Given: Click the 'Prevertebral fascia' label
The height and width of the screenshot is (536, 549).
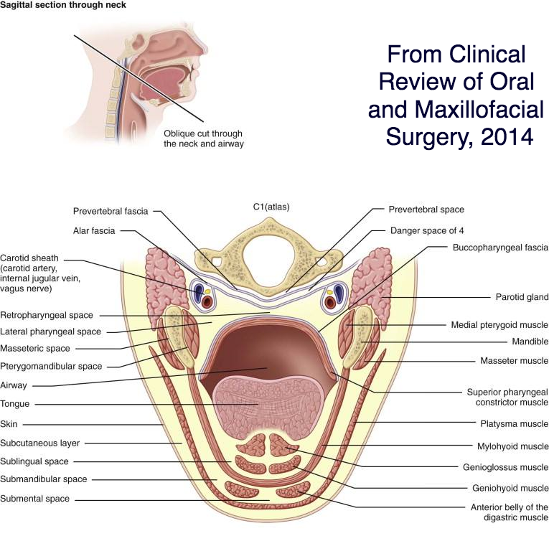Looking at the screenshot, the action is tap(111, 212).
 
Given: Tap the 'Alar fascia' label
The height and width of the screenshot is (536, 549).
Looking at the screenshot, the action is tap(94, 231).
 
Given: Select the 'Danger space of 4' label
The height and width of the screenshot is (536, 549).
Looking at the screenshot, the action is tap(427, 231).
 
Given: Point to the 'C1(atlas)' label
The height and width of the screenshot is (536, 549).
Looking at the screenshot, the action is tap(271, 207).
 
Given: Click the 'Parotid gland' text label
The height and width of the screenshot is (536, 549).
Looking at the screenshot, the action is tap(522, 297).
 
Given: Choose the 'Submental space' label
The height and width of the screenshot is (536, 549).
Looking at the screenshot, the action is tap(34, 499).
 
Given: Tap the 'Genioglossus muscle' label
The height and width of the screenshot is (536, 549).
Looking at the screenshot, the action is tap(505, 467).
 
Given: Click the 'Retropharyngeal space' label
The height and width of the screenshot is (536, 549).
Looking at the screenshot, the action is tap(47, 315).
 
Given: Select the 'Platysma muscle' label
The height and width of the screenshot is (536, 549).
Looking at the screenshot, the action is tap(514, 423).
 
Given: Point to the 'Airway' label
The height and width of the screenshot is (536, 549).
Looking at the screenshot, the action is tap(14, 385).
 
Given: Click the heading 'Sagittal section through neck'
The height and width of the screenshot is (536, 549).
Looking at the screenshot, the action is tap(63, 5).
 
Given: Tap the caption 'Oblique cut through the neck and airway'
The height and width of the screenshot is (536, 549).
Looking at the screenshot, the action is tap(203, 138).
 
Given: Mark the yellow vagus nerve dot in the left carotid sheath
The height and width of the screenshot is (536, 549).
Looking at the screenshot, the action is tap(207, 291).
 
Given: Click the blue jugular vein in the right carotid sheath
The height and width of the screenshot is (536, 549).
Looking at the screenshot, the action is tap(339, 291).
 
